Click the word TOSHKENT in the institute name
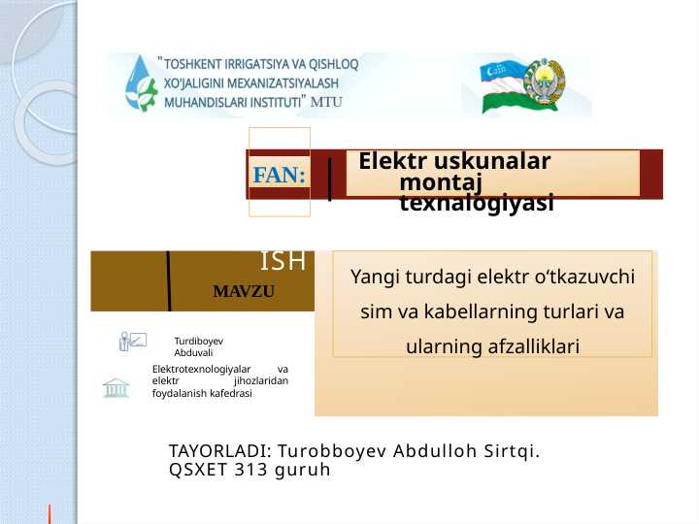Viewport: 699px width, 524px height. click(195, 64)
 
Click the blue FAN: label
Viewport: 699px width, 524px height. click(279, 176)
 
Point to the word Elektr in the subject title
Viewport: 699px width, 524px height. click(394, 161)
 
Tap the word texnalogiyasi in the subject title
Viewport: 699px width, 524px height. click(477, 203)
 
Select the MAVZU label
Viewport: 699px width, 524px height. click(245, 291)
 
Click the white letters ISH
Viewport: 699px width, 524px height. click(283, 261)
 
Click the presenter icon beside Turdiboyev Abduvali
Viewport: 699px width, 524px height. click(132, 341)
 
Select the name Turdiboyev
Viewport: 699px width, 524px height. click(199, 341)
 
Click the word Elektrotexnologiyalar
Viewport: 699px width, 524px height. click(201, 370)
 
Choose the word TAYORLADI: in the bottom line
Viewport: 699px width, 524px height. click(219, 452)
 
